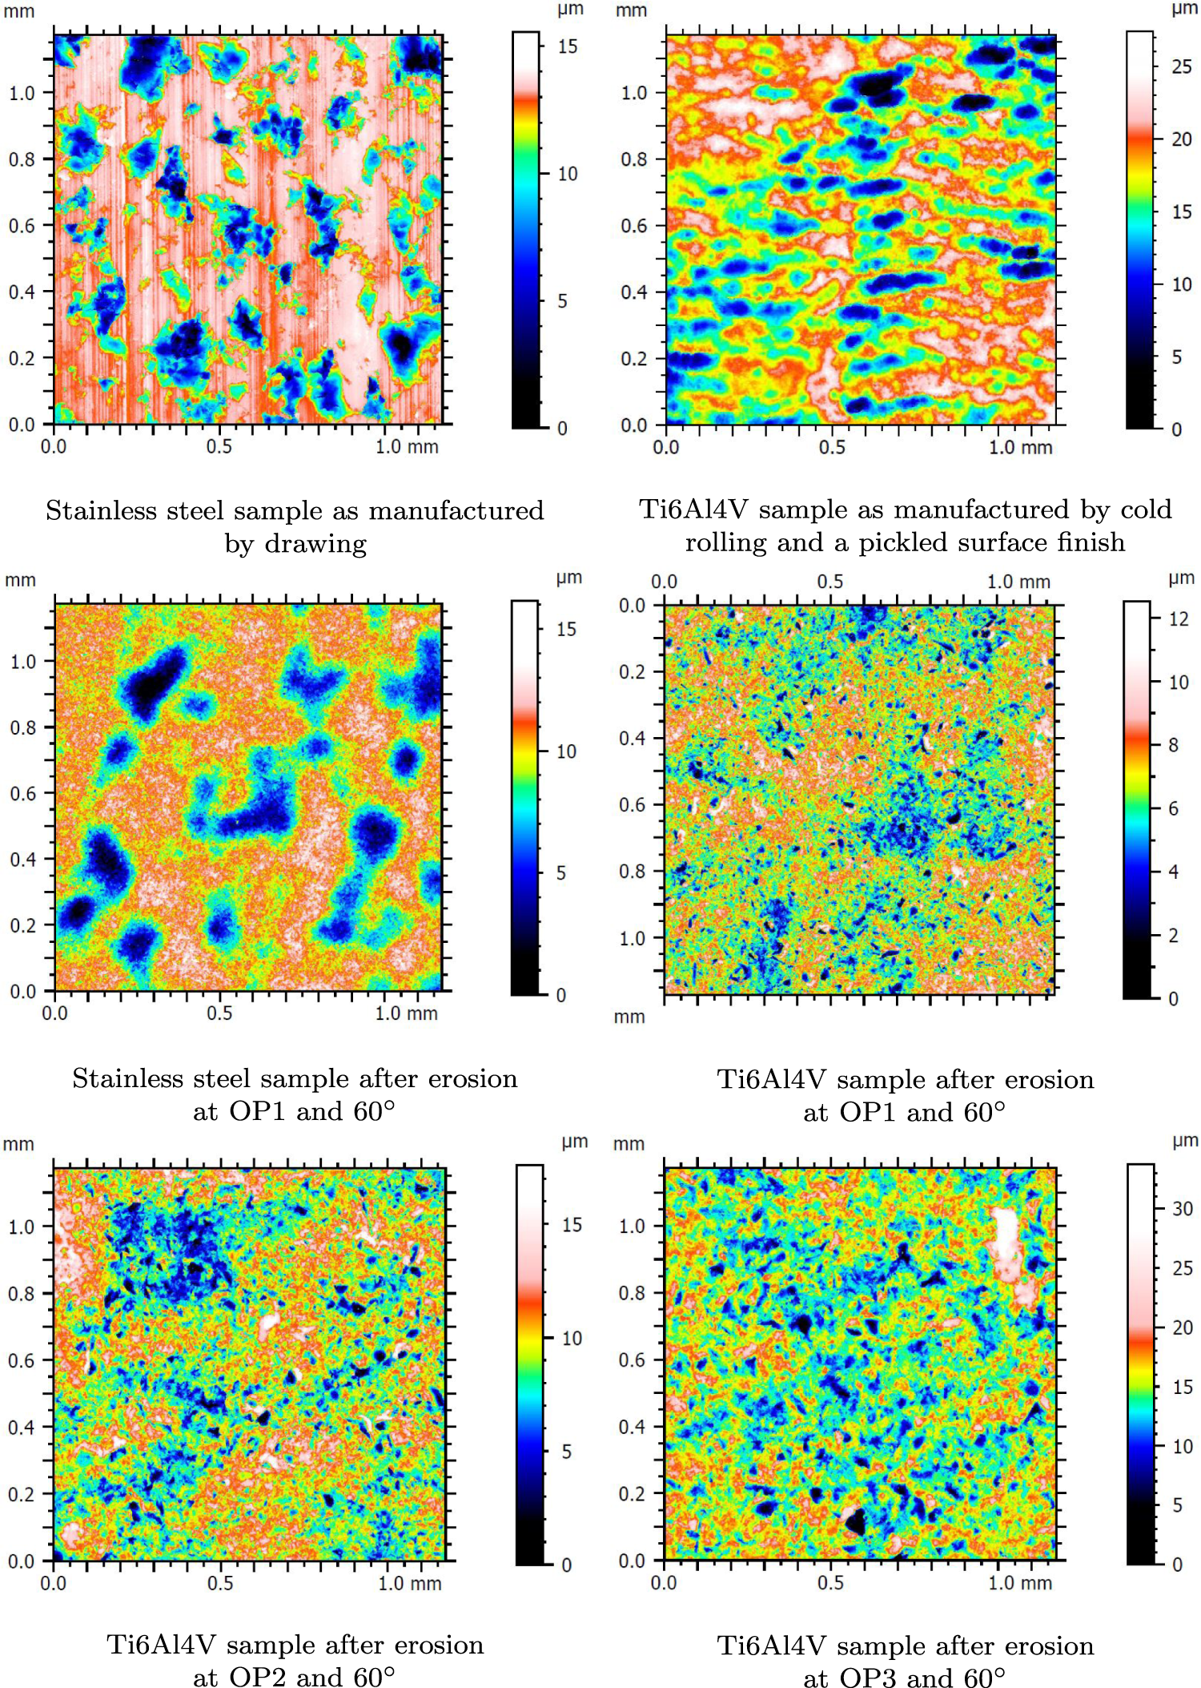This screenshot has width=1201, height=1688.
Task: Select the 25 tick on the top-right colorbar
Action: tap(1182, 67)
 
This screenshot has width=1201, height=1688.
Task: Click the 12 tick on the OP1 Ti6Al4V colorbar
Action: tap(1179, 618)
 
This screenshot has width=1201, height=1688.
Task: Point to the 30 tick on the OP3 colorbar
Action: tap(1183, 1208)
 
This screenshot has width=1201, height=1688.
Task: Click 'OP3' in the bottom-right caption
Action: tap(869, 1677)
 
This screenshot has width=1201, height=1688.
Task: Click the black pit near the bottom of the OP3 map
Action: tap(854, 1520)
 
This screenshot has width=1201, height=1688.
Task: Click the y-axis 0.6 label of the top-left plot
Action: tap(22, 226)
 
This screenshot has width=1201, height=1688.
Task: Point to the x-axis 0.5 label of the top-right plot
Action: tap(831, 447)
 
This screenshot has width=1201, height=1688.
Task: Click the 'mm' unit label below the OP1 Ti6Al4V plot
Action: tap(629, 1017)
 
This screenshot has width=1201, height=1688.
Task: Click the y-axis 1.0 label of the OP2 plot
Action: tap(21, 1227)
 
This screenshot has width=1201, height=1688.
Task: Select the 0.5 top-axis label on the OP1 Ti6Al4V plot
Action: tap(830, 582)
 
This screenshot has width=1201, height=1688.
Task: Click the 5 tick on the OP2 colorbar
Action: tap(566, 1452)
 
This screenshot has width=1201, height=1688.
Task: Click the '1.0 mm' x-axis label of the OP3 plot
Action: tap(1019, 1583)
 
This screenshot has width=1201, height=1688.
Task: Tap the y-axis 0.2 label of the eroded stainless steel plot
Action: tap(22, 925)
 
